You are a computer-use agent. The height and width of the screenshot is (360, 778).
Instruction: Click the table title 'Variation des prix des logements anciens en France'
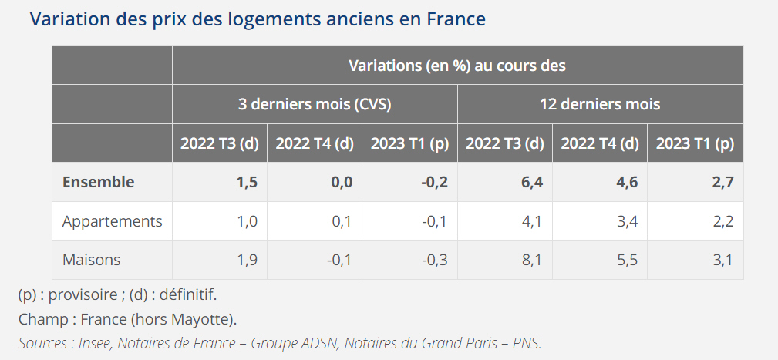tap(258, 19)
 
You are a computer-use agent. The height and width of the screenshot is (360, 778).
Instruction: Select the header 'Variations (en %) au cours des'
tap(457, 66)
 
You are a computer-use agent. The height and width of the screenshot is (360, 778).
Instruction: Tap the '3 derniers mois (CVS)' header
tap(315, 104)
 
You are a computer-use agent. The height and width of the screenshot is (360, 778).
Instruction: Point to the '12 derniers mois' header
tap(600, 104)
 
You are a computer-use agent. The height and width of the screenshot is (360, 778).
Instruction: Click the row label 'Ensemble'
tap(98, 182)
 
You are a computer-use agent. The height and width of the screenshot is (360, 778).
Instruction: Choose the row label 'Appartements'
tap(112, 221)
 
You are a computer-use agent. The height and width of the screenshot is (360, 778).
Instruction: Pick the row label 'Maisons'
tap(91, 260)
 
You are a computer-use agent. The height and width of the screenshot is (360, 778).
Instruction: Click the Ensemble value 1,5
tap(247, 182)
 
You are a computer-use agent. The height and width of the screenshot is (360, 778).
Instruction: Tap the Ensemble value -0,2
tap(434, 182)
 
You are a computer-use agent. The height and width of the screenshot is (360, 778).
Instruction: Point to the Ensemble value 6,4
tap(532, 182)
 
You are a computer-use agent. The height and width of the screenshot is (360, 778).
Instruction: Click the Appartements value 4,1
tap(532, 221)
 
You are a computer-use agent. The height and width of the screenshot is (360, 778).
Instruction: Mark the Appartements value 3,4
tap(627, 221)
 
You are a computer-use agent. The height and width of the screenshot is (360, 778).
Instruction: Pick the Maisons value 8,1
tap(532, 260)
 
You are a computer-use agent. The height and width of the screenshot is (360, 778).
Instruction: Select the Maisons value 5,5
tap(627, 260)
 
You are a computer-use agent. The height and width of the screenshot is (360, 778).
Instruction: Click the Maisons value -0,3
tap(435, 260)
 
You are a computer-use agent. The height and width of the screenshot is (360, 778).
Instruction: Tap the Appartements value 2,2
tap(722, 221)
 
